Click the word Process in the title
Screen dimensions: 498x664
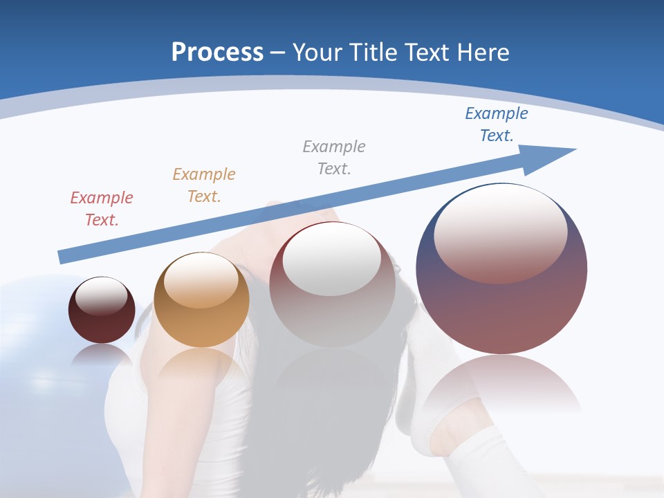217,53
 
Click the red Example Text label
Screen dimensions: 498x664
102,209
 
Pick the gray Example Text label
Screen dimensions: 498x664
334,158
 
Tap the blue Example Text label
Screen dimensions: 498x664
497,124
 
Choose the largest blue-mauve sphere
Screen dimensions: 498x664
501,304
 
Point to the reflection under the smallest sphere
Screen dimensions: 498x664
102,356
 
